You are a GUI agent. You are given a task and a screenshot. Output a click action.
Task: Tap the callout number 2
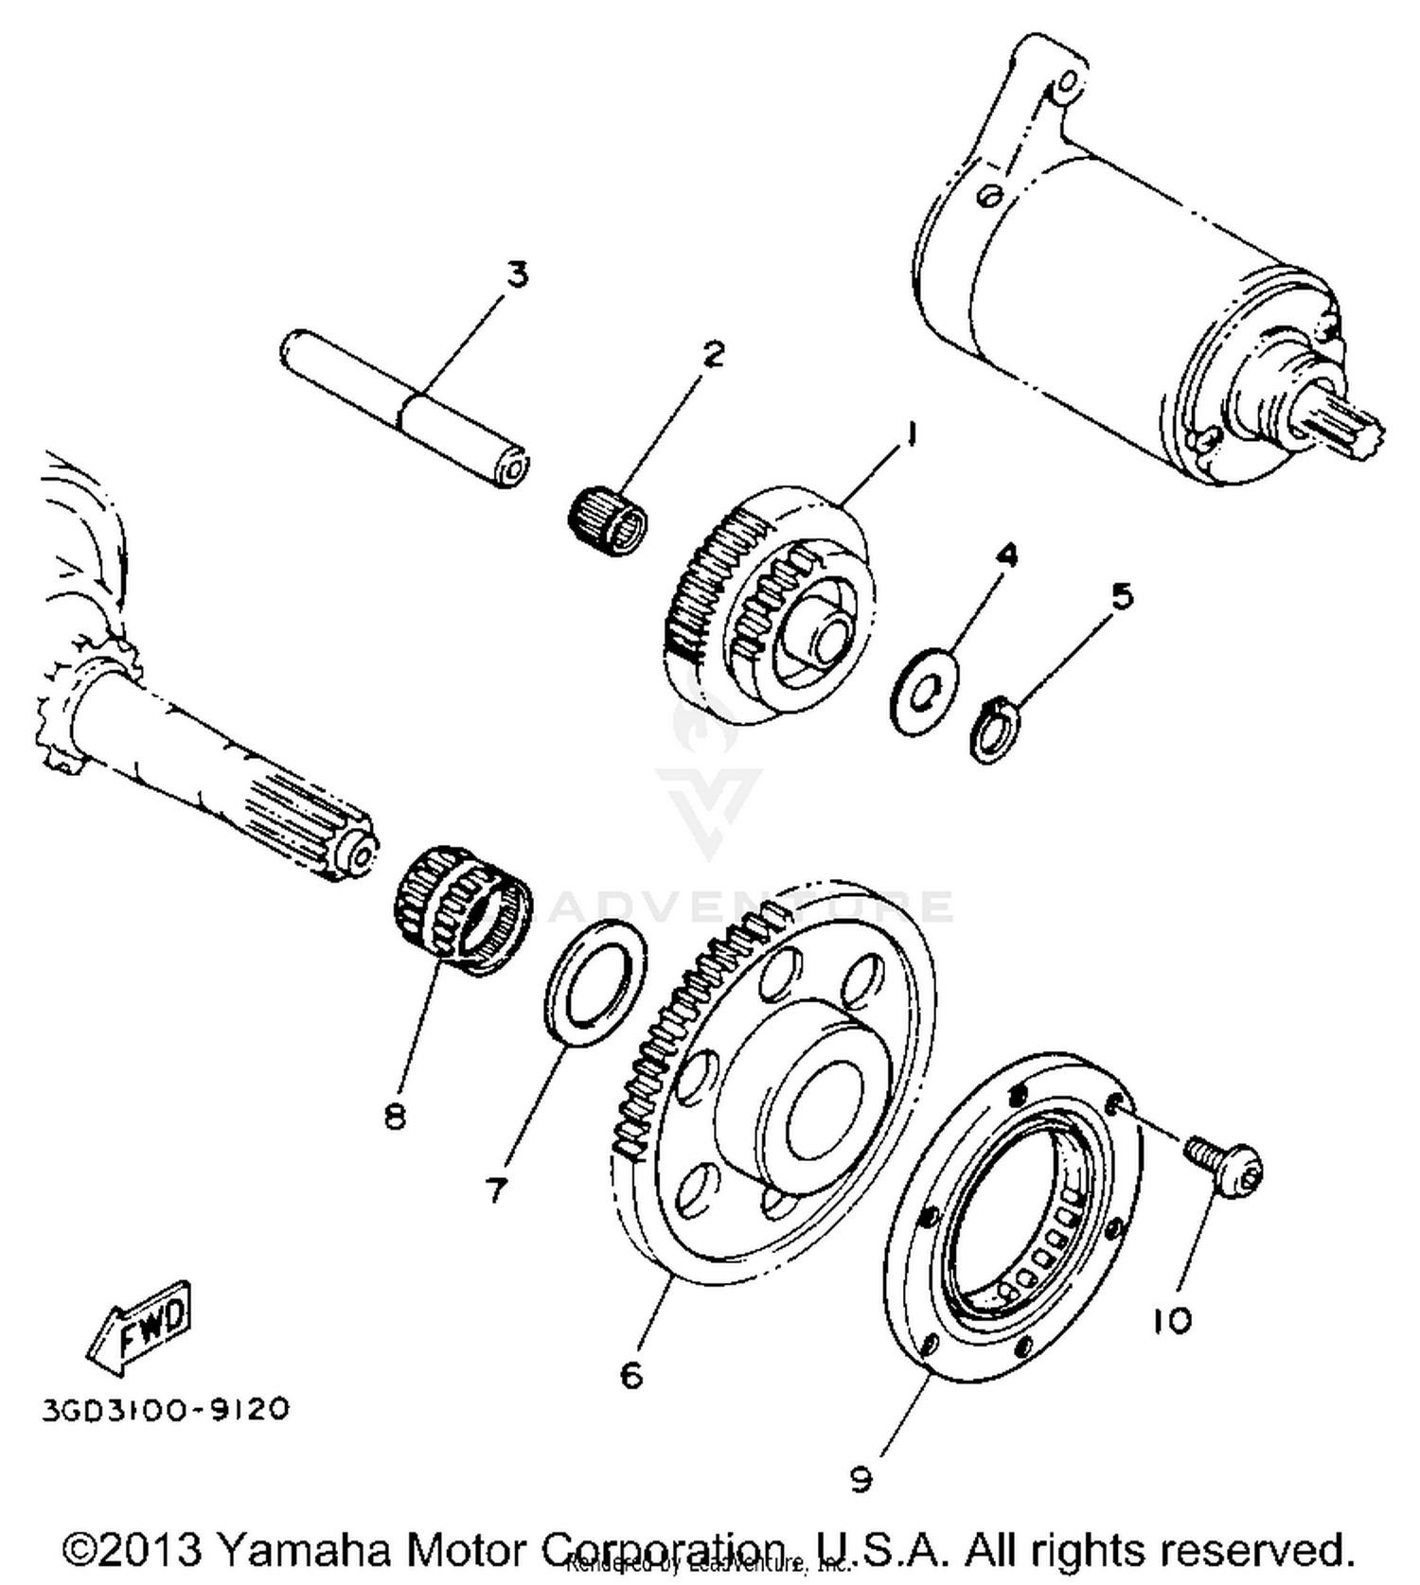(x=712, y=353)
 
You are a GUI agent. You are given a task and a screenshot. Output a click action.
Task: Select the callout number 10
(x=1172, y=1320)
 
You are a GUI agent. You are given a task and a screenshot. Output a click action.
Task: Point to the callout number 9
(x=861, y=1477)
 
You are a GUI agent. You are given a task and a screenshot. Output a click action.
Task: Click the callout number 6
(x=631, y=1373)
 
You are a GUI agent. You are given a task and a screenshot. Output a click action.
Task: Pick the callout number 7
(x=496, y=1189)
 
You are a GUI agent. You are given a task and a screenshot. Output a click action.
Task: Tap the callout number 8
(x=395, y=1116)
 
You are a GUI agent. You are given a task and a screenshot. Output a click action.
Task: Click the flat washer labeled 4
(x=923, y=692)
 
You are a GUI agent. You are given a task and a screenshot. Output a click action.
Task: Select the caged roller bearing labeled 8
(x=461, y=910)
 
